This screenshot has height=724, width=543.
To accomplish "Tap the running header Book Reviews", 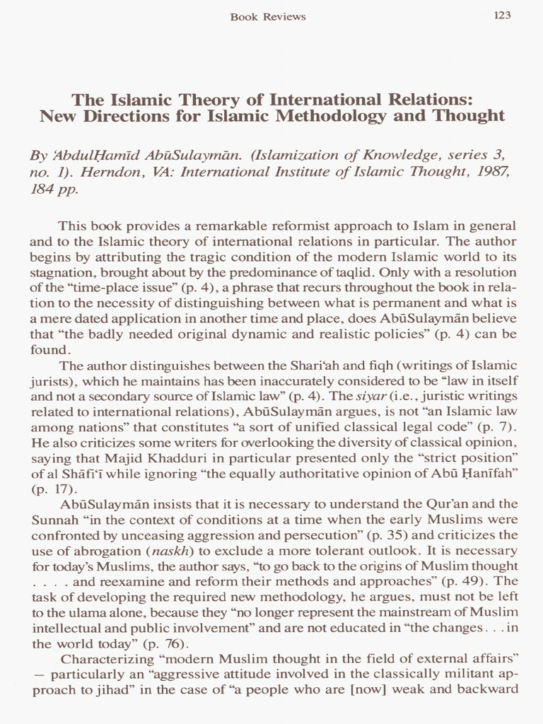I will (x=268, y=16).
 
